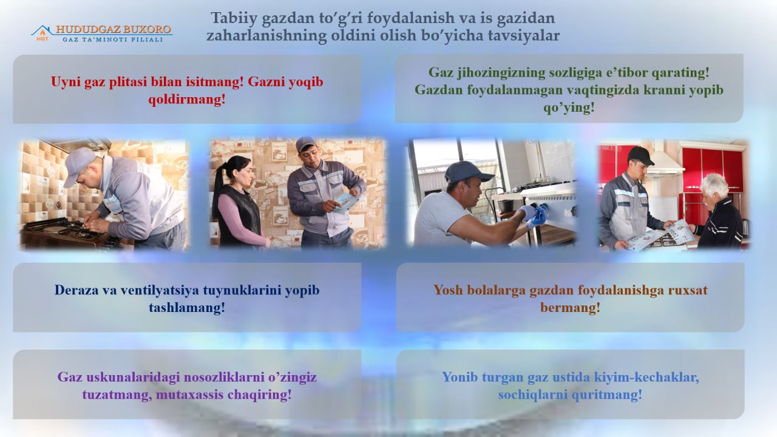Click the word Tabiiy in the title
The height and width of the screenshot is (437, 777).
click(234, 18)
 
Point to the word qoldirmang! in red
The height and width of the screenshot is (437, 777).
click(187, 100)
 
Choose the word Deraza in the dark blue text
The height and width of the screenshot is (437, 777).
click(76, 290)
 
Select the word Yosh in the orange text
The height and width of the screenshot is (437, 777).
click(448, 290)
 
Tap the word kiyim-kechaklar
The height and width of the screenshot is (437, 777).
click(646, 378)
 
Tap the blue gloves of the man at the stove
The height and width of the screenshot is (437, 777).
click(535, 215)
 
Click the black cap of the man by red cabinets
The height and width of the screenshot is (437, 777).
click(640, 156)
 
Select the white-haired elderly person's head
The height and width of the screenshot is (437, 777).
click(714, 188)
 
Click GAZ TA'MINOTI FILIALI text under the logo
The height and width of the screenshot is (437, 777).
click(113, 39)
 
